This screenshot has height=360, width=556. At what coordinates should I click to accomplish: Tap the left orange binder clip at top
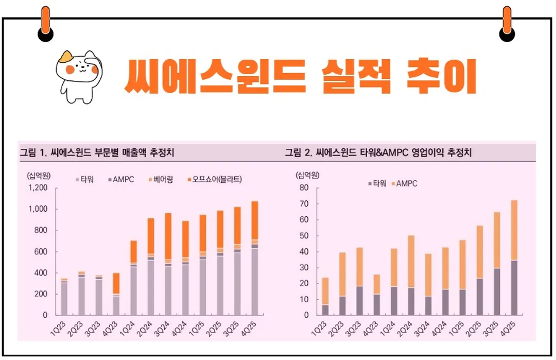pos(46,24)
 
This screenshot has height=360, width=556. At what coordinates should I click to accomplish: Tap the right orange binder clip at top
pos(507,24)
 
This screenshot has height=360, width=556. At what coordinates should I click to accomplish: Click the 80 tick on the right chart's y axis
pos(303,188)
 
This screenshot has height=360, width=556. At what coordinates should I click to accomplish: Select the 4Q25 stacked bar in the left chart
pos(255,258)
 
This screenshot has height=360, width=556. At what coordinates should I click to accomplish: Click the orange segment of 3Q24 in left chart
pos(168,236)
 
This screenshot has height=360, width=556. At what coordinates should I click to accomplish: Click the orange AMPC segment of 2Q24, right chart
pos(411,261)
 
